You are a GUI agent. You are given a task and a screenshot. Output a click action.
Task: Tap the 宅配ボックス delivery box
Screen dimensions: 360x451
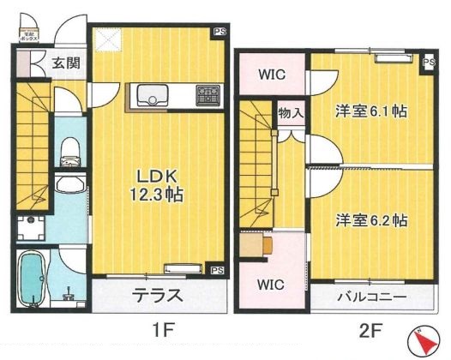pos(26,33)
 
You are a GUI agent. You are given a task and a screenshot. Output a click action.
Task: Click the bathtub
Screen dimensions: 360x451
pos(33,280)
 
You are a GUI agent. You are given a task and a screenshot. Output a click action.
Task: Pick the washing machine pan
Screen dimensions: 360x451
pos(33,225)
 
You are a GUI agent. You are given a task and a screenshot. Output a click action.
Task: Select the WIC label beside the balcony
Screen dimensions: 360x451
pos(272,284)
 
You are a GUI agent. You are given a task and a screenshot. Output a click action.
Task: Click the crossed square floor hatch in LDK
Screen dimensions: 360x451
pos(110,39)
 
